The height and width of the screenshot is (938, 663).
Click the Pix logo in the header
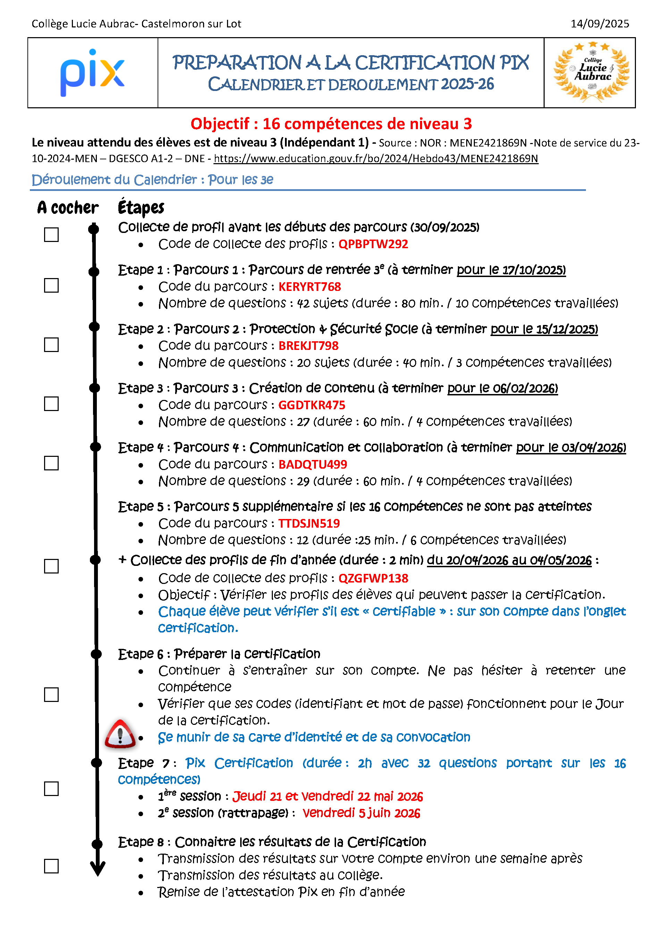(x=92, y=73)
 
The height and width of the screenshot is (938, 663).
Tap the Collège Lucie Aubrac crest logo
(x=591, y=73)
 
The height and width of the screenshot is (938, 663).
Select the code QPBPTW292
(x=373, y=244)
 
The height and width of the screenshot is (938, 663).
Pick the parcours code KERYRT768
(x=309, y=287)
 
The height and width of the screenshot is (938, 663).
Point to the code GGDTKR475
(x=311, y=405)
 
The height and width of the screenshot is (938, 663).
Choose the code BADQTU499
(x=312, y=464)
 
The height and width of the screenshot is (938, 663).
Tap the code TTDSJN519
(x=309, y=524)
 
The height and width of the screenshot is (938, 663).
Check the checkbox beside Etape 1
(x=51, y=286)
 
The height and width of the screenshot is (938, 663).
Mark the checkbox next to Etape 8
(x=51, y=866)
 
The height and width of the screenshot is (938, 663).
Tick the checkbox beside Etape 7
(x=51, y=788)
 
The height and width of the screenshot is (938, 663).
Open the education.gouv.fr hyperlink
(x=376, y=159)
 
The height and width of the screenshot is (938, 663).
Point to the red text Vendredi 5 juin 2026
(x=361, y=813)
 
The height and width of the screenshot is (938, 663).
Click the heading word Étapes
(x=141, y=208)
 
